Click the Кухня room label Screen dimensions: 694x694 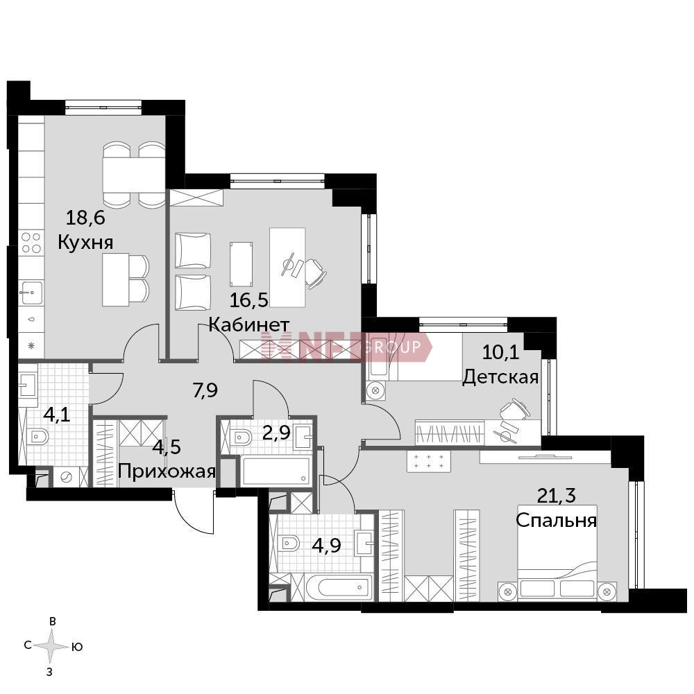coord(85,243)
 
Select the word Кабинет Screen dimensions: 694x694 coord(248,325)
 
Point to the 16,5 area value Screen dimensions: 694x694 coord(248,300)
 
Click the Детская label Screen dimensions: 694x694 coord(500,377)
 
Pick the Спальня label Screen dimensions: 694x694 coord(556,520)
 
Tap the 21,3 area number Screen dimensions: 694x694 coord(556,495)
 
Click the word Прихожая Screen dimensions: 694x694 coord(167,472)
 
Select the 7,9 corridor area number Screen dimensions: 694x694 coord(205,391)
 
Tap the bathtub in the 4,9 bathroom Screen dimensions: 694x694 coord(339,588)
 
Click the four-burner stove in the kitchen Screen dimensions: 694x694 coord(31,243)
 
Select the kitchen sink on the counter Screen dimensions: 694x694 coord(31,293)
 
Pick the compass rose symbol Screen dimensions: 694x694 coord(52,647)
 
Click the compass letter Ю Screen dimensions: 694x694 coord(76,647)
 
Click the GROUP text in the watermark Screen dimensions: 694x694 coord(391,347)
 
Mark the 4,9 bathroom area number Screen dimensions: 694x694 coord(327,545)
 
